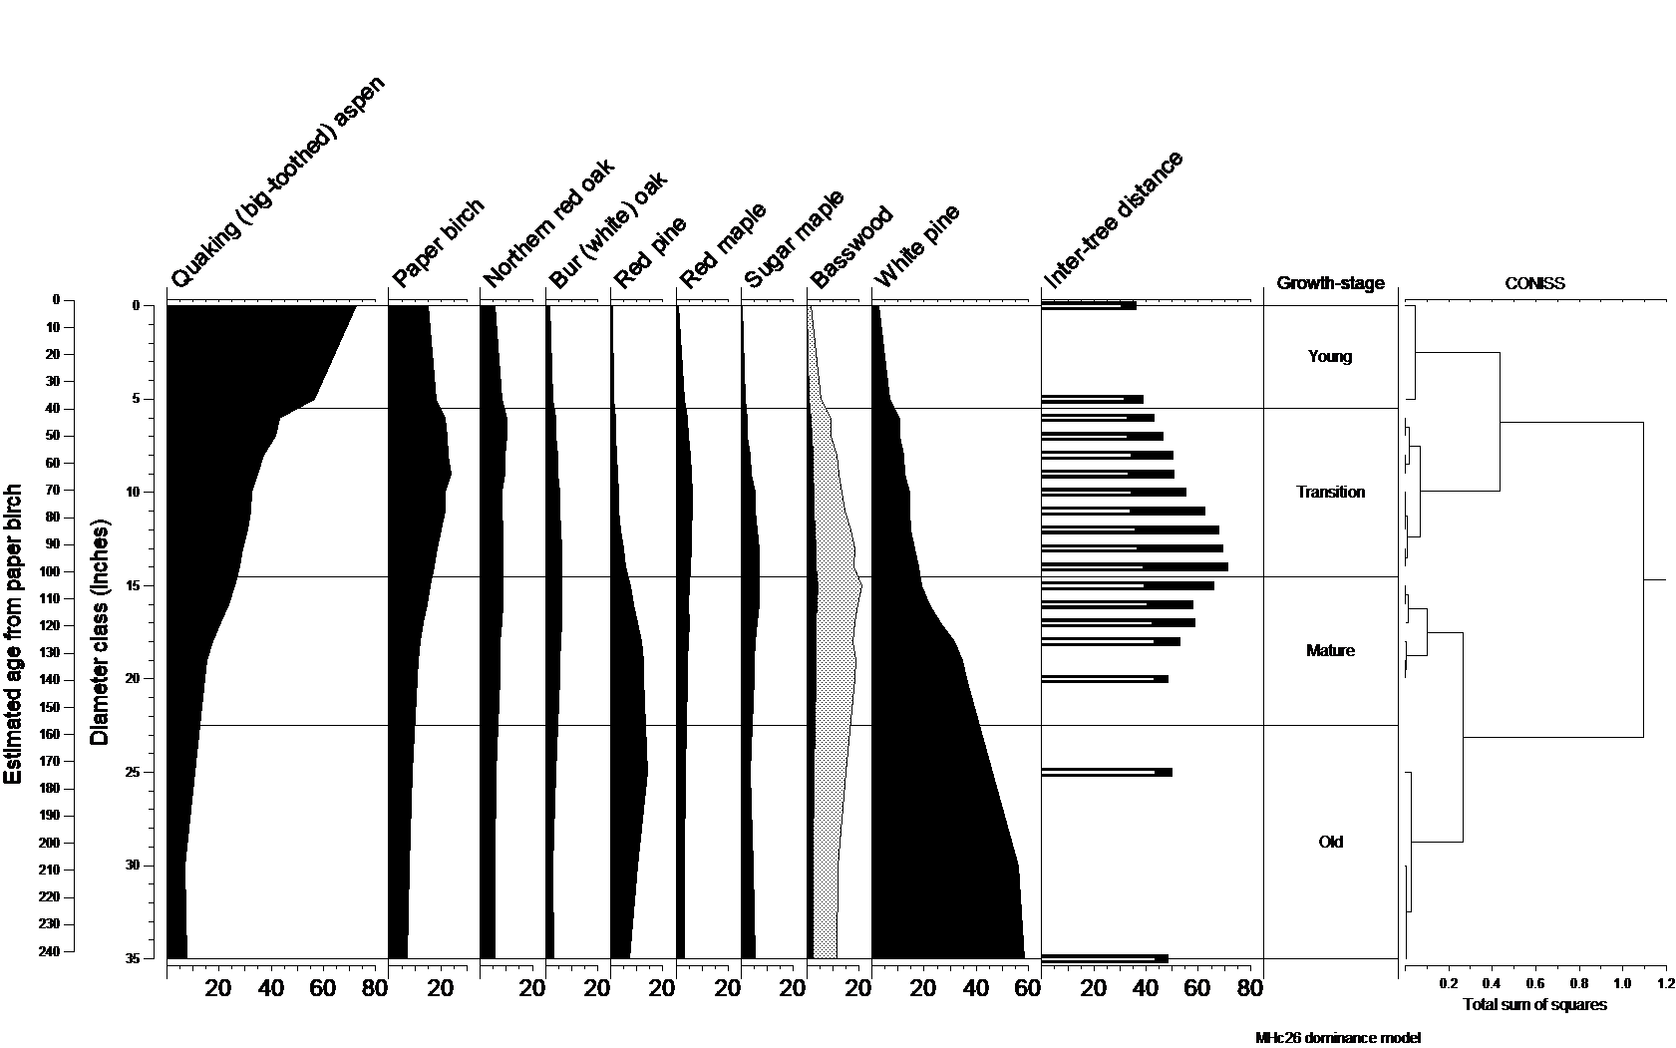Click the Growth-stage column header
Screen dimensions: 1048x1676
[x=1330, y=283]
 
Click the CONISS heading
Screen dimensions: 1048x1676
[x=1534, y=283]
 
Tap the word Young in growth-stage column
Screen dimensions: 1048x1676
[x=1330, y=356]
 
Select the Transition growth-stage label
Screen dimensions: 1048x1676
[x=1330, y=492]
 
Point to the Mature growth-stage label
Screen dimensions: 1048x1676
[x=1330, y=650]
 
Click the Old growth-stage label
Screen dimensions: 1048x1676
[x=1330, y=842]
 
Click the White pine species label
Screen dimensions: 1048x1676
[x=916, y=245]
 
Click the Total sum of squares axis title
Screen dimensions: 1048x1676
[x=1534, y=1004]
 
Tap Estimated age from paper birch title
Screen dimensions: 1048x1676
[x=14, y=634]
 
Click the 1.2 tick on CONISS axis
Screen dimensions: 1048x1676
[x=1665, y=984]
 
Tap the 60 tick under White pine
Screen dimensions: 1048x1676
[x=1028, y=988]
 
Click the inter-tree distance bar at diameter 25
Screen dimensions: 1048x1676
[x=1107, y=772]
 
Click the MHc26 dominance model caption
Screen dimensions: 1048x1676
[x=1337, y=1038]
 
